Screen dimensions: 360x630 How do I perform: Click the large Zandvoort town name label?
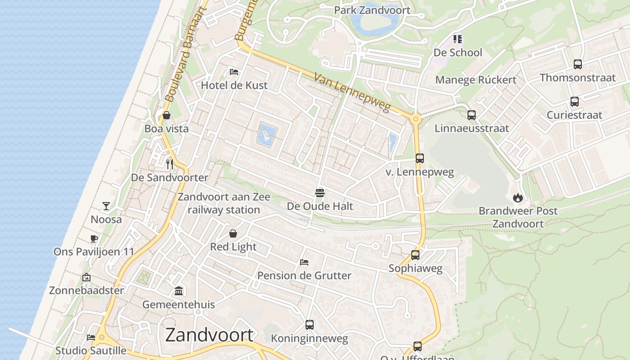pos(209,335)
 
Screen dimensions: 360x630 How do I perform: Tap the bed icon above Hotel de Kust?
pos(234,72)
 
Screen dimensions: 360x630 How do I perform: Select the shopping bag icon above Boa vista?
pos(166,115)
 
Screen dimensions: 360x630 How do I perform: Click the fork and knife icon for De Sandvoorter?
pos(170,164)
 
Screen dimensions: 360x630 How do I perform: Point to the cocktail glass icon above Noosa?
pos(106,206)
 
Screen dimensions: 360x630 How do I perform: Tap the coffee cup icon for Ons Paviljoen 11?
pos(94,238)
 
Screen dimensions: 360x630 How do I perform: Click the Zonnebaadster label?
pos(86,290)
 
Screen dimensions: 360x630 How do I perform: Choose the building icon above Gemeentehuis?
pos(179,291)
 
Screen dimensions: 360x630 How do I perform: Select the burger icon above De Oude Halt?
pos(320,193)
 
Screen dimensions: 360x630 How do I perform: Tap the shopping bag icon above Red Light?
pos(233,234)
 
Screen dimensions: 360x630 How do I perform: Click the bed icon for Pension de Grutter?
pos(304,262)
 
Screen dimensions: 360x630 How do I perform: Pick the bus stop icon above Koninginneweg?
pos(310,324)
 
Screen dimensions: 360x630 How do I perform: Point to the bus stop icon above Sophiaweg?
pos(415,255)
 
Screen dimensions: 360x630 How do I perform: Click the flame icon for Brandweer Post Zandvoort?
pos(517,197)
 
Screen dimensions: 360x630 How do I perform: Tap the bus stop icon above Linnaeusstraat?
pos(472,115)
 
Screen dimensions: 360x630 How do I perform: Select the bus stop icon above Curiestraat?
pos(575,102)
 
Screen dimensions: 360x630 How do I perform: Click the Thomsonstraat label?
pos(577,77)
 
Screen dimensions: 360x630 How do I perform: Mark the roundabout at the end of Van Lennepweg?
pos(415,119)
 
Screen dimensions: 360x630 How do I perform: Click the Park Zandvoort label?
pos(372,10)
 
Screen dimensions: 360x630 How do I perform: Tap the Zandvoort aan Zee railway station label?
pos(224,203)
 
